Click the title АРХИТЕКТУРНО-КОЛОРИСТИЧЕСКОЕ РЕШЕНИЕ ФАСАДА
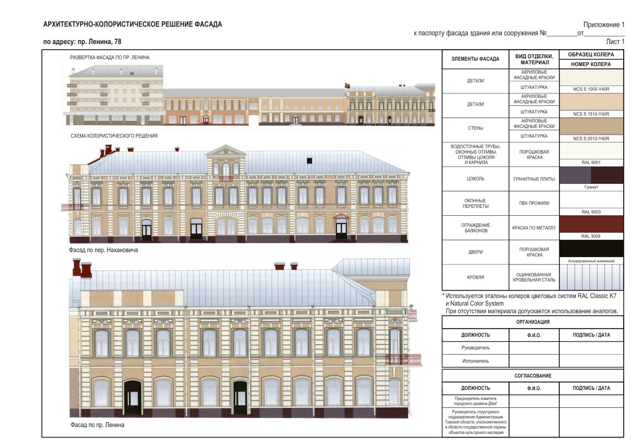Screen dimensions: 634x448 click(132, 25)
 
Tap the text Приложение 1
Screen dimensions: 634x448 click(603, 25)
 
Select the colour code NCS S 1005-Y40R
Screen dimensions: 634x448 click(591, 89)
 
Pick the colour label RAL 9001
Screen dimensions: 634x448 click(591, 162)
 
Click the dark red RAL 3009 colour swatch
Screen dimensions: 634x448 click(591, 224)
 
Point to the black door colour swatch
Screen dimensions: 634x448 click(591, 249)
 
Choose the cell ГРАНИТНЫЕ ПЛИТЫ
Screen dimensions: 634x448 click(534, 179)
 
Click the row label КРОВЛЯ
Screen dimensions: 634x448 click(475, 277)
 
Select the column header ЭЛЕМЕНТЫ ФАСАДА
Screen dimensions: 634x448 click(475, 59)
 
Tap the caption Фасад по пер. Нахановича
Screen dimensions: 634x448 click(103, 250)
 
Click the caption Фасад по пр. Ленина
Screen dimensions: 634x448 click(97, 425)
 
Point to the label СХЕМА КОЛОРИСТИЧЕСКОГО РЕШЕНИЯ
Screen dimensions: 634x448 click(114, 136)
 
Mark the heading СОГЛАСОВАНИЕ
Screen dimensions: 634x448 click(533, 376)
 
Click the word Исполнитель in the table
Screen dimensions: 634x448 click(475, 361)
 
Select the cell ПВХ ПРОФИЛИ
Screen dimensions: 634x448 click(534, 203)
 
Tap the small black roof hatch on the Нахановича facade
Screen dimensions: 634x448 click(309, 160)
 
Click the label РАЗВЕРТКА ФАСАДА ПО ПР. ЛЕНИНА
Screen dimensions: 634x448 click(110, 57)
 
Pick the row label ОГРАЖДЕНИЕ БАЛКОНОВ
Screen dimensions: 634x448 click(475, 228)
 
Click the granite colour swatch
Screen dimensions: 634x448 click(591, 175)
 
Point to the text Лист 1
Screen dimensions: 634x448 click(615, 42)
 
